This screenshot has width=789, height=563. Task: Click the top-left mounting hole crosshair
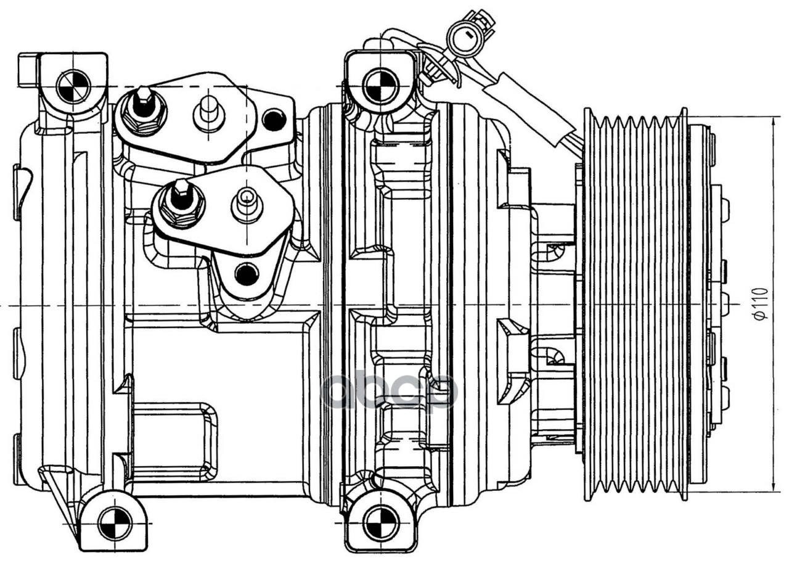pyautogui.click(x=73, y=86)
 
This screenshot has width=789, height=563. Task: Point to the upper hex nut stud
pyautogui.click(x=144, y=109)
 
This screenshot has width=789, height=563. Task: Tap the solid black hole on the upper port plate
pyautogui.click(x=274, y=119)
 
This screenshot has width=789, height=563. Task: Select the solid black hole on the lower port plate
pyautogui.click(x=247, y=274)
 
